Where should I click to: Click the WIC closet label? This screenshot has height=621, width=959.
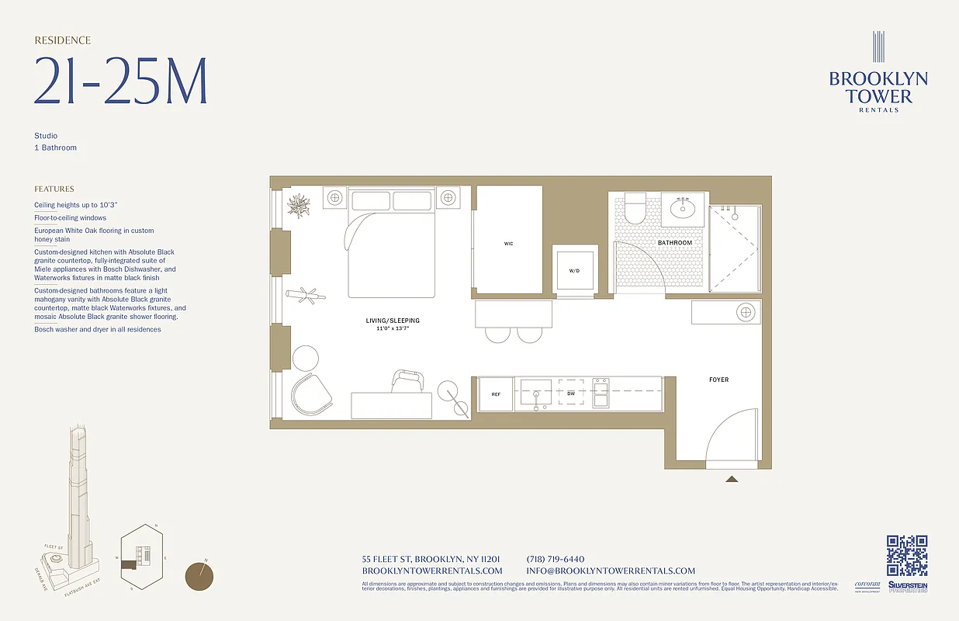tap(508, 244)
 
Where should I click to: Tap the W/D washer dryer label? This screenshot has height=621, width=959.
tap(574, 271)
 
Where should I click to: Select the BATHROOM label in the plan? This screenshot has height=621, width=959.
tap(674, 243)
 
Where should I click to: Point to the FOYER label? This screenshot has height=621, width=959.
tap(718, 380)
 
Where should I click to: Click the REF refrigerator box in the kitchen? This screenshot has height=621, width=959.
tap(496, 394)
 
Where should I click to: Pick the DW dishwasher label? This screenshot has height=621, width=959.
tap(571, 394)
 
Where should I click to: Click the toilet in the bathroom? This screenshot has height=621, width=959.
tap(635, 209)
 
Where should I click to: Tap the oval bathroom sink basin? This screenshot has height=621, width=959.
tap(684, 209)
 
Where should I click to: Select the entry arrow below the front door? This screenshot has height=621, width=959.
tap(731, 480)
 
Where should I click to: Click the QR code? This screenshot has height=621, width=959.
tap(906, 556)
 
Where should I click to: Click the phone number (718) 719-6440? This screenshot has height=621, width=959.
tap(555, 559)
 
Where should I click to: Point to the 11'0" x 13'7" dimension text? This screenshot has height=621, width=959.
tap(393, 329)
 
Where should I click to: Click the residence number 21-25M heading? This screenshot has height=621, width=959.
tap(120, 82)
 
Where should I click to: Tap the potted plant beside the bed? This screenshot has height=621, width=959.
tap(298, 206)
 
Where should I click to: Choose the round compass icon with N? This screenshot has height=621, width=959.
tap(199, 576)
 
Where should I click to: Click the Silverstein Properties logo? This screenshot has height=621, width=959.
tap(908, 587)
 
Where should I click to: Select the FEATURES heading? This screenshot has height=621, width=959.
tap(54, 189)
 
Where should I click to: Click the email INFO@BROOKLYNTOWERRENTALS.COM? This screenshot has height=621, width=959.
tap(611, 571)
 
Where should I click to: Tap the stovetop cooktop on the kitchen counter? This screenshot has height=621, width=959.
tap(601, 393)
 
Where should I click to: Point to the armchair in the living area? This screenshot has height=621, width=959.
tap(310, 394)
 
